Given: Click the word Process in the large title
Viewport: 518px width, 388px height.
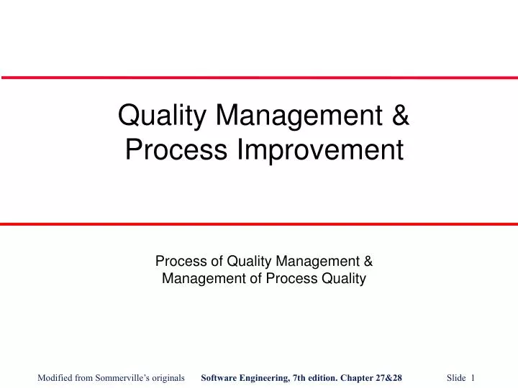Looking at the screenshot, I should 173,150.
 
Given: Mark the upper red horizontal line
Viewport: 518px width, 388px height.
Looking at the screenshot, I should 259,77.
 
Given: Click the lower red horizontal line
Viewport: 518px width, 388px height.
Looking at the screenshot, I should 259,224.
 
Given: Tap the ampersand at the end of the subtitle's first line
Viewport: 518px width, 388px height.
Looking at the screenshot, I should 366,262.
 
